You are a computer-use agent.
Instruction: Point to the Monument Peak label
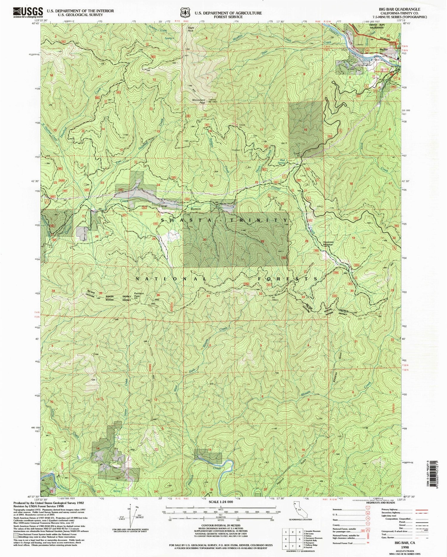(199, 101)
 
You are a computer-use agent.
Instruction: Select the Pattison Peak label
(139, 295)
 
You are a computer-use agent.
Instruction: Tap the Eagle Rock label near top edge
(190, 29)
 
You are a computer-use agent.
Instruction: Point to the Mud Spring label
(282, 161)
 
